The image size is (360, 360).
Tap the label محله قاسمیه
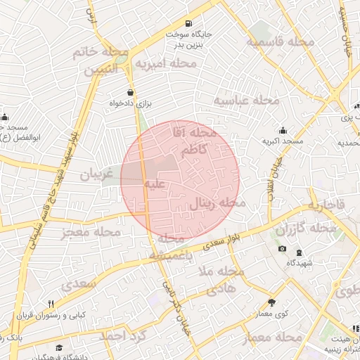click(280, 42)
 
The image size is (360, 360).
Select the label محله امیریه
click(167, 64)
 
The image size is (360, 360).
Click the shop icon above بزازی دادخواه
click(130, 92)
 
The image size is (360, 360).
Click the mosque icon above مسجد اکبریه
click(283, 130)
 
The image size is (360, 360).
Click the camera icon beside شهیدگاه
click(283, 250)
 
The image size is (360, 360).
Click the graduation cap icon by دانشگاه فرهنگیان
click(60, 348)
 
